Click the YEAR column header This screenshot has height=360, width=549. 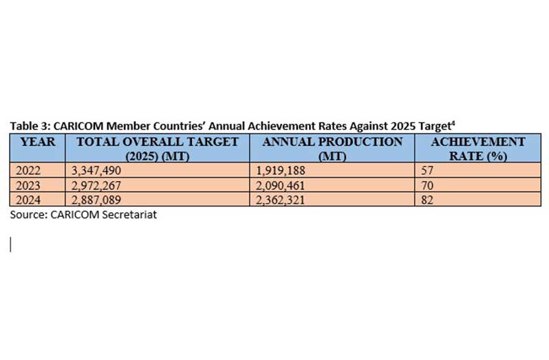pos(38,142)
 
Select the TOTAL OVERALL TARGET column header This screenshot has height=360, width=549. pos(158,149)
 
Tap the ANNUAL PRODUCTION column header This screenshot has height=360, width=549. pos(332,149)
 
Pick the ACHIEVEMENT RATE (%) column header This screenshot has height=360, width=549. pos(478,149)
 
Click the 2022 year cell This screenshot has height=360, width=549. pos(28,171)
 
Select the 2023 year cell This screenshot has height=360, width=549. pos(28,185)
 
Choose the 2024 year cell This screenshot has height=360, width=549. pos(28,200)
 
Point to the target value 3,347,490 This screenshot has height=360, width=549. pos(96,171)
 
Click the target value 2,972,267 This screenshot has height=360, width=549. pos(96,185)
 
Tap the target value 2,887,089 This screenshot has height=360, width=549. pos(96,200)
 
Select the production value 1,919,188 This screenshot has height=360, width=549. pos(281,171)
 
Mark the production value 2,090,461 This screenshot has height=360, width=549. pos(281,185)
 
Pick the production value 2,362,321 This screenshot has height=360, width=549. pos(281,200)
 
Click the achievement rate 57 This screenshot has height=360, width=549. pos(427,171)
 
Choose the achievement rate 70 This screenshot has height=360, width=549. pos(427,185)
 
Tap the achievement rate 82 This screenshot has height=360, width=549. pos(427,200)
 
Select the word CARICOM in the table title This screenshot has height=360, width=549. pos(78,126)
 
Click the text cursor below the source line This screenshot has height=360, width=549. pos(11,244)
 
